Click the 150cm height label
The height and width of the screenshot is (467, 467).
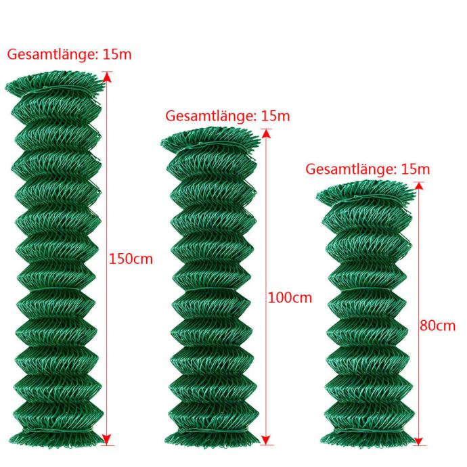pos(131,259)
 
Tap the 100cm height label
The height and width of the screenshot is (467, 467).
pos(290,298)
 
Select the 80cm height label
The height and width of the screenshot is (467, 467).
pos(437,326)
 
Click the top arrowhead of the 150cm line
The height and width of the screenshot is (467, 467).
pos(107,77)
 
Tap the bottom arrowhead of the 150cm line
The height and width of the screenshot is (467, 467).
pos(107,440)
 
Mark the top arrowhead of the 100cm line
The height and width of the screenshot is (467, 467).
pos(267,134)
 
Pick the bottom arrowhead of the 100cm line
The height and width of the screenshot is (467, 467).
pos(266,440)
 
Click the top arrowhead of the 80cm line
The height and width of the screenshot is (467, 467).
pos(419,186)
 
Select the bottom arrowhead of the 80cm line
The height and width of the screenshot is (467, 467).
pos(418,441)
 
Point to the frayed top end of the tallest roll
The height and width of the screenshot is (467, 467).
pos(55,82)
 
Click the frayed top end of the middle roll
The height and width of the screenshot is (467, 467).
pos(210,139)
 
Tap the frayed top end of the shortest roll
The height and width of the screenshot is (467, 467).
pos(365,192)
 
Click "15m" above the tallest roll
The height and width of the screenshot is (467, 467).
pos(117,55)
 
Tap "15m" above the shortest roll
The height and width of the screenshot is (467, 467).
pos(416,169)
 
